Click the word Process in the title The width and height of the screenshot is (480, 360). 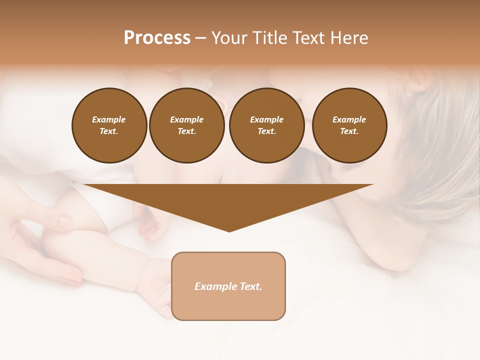(157, 38)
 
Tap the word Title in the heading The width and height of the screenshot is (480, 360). (269, 38)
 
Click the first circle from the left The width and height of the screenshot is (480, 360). (109, 125)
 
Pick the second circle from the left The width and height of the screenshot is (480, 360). (187, 125)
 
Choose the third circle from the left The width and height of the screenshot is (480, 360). (267, 125)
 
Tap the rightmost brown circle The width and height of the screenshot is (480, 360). (349, 125)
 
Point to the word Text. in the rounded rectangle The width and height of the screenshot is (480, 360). (251, 286)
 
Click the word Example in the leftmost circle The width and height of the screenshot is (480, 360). (109, 119)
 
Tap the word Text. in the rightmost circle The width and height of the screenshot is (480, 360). (349, 131)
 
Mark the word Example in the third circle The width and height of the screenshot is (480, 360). (266, 119)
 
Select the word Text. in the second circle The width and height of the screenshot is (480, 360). (187, 131)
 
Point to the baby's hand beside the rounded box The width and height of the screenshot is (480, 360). (155, 290)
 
